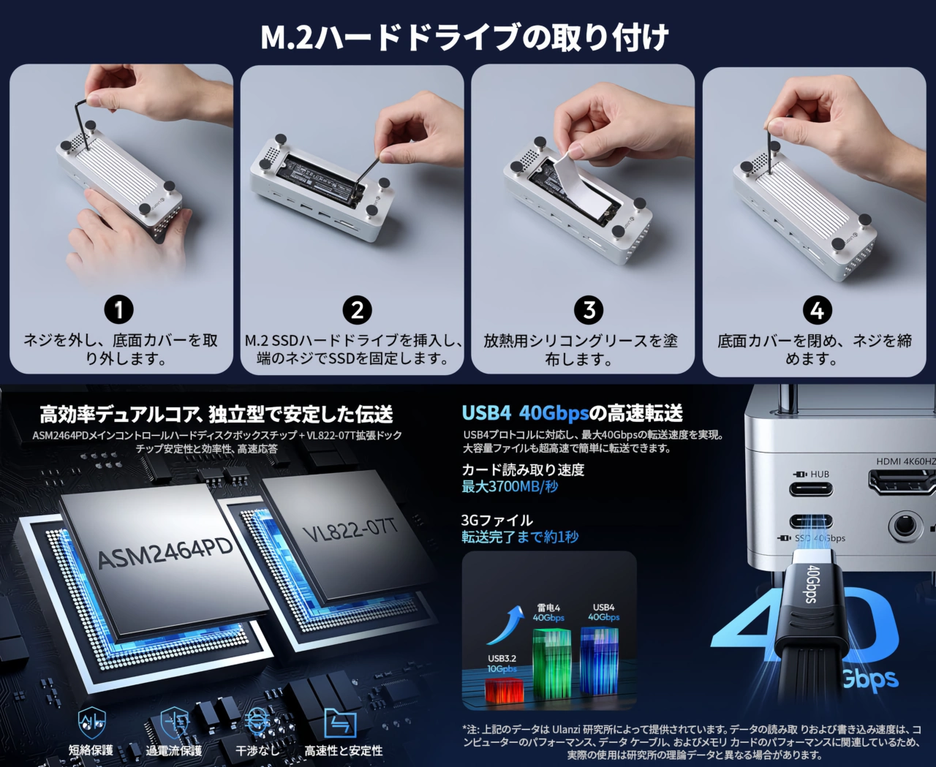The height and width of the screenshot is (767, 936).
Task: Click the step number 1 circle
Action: [x=118, y=309]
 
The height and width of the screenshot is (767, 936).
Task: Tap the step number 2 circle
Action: [x=357, y=309]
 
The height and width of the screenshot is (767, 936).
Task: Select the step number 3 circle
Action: [x=589, y=310]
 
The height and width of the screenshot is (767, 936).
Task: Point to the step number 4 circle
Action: [x=817, y=310]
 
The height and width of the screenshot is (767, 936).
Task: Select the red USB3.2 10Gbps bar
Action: [x=504, y=689]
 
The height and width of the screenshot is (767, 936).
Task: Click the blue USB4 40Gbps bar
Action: [x=600, y=658]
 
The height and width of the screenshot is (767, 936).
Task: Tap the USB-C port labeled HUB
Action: [x=811, y=489]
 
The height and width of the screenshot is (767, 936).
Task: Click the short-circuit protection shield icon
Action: [x=91, y=723]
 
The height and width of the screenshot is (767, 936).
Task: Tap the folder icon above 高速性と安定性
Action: [x=339, y=723]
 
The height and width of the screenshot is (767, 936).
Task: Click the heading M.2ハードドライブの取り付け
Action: [x=464, y=37]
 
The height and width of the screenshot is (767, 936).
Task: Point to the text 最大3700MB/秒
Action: [x=510, y=487]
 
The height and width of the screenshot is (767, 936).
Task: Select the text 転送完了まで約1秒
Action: [x=520, y=537]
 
